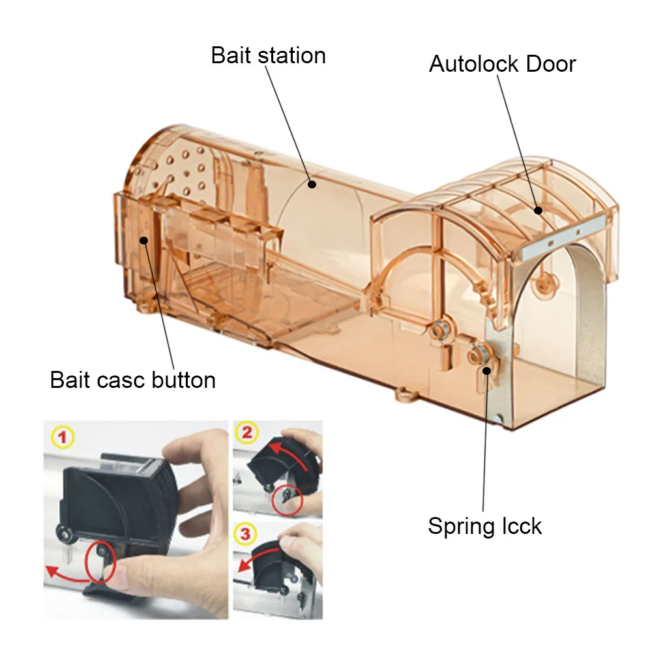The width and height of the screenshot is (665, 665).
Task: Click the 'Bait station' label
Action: [x=268, y=55]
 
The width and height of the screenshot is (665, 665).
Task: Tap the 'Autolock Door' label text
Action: [x=502, y=64]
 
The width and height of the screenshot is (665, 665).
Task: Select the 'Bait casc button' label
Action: [x=132, y=379]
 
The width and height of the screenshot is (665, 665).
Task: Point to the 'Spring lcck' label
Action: [x=484, y=525]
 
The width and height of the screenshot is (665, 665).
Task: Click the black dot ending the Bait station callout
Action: [x=312, y=185]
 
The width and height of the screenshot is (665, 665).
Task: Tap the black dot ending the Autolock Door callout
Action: [x=539, y=210]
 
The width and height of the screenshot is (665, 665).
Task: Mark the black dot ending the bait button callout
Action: [x=143, y=240]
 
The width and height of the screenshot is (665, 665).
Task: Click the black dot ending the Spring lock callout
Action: [x=487, y=370]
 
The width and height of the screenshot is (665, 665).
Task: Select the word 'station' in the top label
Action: [x=292, y=55]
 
